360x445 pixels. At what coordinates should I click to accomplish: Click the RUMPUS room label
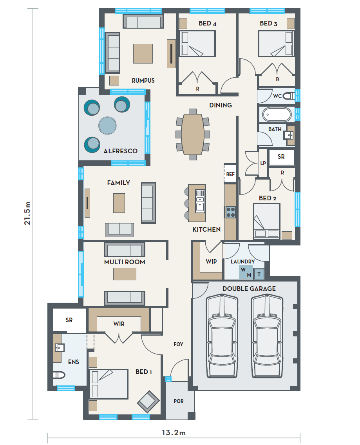pyautogui.click(x=143, y=81)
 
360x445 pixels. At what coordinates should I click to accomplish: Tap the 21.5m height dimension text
pyautogui.click(x=27, y=213)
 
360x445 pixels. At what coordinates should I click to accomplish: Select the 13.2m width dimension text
pyautogui.click(x=174, y=432)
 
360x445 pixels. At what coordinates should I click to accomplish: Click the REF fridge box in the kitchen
pyautogui.click(x=230, y=174)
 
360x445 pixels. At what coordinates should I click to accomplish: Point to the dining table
pyautogui.click(x=193, y=134)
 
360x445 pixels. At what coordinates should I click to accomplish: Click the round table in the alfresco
pyautogui.click(x=107, y=125)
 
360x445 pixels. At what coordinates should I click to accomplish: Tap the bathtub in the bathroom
pyautogui.click(x=277, y=114)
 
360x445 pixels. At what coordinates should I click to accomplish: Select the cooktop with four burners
pyautogui.click(x=231, y=212)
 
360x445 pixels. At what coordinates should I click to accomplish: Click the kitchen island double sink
pyautogui.click(x=200, y=201)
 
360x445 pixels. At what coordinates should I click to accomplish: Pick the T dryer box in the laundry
pyautogui.click(x=259, y=274)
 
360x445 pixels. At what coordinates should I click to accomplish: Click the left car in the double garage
pyautogui.click(x=222, y=336)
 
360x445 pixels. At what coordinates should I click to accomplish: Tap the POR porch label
pyautogui.click(x=179, y=401)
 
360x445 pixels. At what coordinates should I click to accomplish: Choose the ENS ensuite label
pyautogui.click(x=73, y=362)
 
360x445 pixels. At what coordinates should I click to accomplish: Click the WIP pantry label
pyautogui.click(x=211, y=262)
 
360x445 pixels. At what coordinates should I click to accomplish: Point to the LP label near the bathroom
pyautogui.click(x=263, y=163)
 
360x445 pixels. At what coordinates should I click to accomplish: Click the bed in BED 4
pyautogui.click(x=197, y=44)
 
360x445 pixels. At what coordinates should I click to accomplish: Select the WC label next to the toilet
pyautogui.click(x=277, y=96)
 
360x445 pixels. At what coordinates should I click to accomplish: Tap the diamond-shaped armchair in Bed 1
pyautogui.click(x=148, y=402)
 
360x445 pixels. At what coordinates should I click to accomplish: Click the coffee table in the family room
pyautogui.click(x=119, y=203)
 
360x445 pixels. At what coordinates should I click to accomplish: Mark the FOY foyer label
pyautogui.click(x=178, y=344)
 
